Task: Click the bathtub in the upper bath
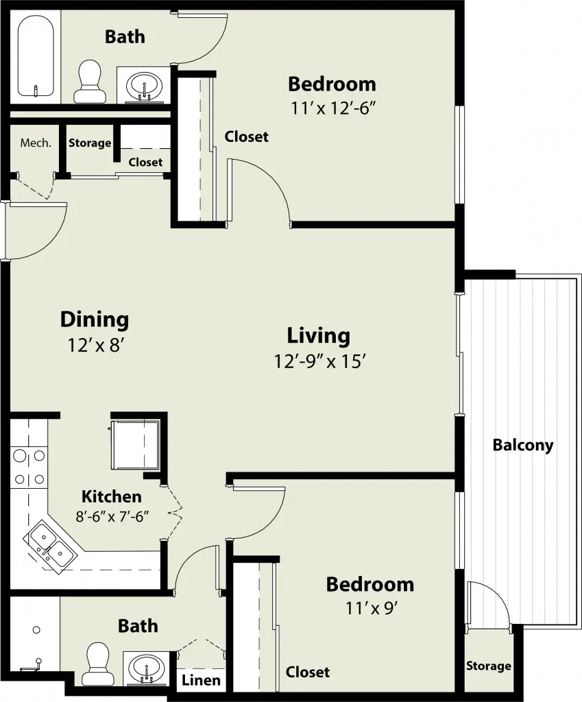click(x=36, y=56)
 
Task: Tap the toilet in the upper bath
click(x=90, y=81)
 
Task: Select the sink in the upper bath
click(x=144, y=86)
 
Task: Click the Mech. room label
click(x=36, y=143)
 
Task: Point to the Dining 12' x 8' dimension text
click(x=95, y=346)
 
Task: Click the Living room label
click(x=318, y=335)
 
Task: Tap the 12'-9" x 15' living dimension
click(x=321, y=361)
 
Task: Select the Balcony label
click(x=523, y=445)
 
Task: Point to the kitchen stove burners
click(x=29, y=468)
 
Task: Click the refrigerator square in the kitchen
click(x=135, y=444)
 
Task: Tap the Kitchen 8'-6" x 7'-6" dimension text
click(x=112, y=517)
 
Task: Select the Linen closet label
click(x=201, y=681)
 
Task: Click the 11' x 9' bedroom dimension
click(x=372, y=609)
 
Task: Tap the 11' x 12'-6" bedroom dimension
click(x=332, y=108)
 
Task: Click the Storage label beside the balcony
click(x=489, y=666)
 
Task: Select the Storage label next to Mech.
click(x=90, y=143)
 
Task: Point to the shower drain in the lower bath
click(x=36, y=630)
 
